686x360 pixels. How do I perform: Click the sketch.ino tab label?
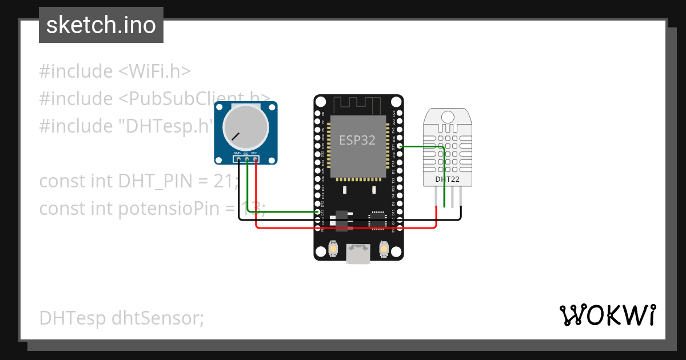[101, 25]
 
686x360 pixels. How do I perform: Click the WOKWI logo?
[607, 315]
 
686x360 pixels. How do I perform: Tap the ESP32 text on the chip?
[357, 140]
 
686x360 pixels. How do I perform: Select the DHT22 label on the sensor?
[447, 179]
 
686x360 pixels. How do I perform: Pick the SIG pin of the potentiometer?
[246, 159]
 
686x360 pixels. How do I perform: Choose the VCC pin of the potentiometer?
[255, 159]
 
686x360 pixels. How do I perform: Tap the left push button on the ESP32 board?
[334, 249]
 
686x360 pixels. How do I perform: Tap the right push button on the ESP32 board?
[384, 249]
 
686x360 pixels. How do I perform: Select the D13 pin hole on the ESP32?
[318, 211]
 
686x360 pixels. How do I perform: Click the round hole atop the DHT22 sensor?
[447, 117]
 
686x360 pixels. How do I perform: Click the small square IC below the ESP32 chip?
[377, 219]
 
